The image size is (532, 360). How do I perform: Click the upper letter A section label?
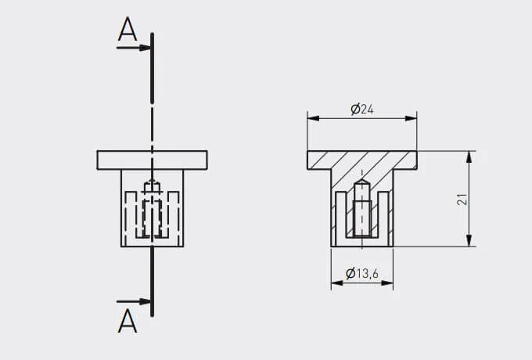point(128,29)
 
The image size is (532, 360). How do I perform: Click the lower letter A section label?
point(128,321)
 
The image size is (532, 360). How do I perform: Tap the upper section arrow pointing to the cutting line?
point(134,48)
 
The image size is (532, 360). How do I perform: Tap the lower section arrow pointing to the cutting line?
point(134,301)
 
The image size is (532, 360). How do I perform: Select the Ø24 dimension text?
point(362,110)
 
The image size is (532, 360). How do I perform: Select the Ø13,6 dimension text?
point(362,273)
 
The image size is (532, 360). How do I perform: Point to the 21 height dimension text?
point(462,200)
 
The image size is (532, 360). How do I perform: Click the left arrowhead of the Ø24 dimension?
point(314,118)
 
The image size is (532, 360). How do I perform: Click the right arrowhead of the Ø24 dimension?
point(411,118)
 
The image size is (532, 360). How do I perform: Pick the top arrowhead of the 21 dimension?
point(469,157)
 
